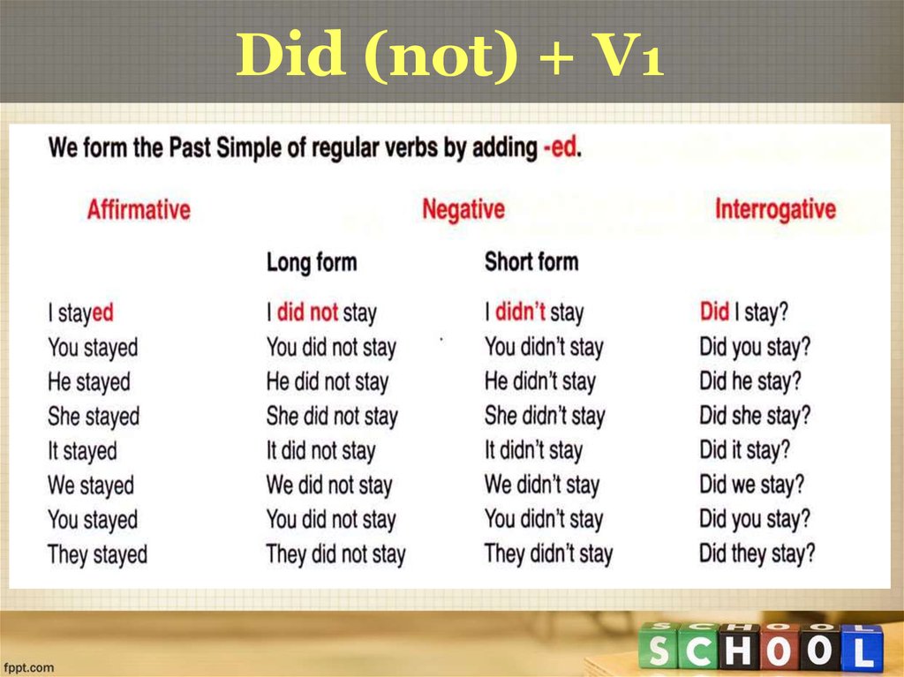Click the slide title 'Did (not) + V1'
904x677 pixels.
click(x=450, y=56)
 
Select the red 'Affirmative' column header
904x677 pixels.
click(x=139, y=210)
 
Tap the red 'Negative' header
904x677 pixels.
click(x=463, y=210)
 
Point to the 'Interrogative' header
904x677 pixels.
click(x=775, y=210)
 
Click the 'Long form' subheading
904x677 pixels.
click(x=312, y=262)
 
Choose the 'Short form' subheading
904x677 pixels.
click(x=531, y=262)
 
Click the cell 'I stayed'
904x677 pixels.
click(x=80, y=312)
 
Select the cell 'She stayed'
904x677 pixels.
click(x=94, y=417)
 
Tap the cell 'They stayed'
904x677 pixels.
click(x=97, y=555)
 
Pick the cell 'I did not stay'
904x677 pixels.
click(x=321, y=312)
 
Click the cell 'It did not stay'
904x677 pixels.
click(x=321, y=451)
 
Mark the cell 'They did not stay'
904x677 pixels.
click(x=335, y=555)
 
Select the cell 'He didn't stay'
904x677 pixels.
click(x=540, y=382)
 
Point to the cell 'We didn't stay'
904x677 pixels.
click(x=542, y=485)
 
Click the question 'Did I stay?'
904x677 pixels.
click(x=744, y=312)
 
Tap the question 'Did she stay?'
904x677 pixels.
click(x=755, y=416)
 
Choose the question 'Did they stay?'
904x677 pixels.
click(x=757, y=554)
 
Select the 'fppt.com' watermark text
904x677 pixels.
click(x=31, y=667)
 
